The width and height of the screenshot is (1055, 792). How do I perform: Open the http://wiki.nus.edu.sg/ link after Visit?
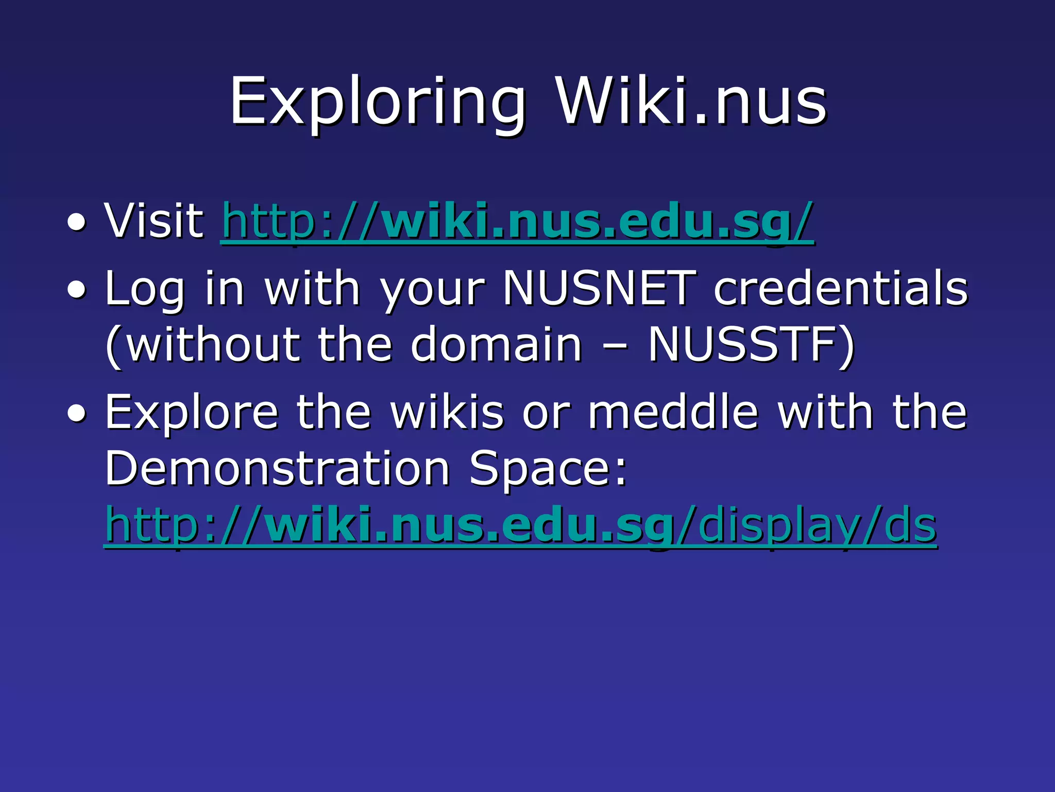click(x=517, y=222)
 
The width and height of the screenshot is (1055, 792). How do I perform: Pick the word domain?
click(x=497, y=344)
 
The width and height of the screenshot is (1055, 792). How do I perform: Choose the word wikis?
click(x=447, y=412)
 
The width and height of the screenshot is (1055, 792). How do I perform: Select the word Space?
click(x=548, y=469)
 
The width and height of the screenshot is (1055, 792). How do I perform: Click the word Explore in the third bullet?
click(x=192, y=412)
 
